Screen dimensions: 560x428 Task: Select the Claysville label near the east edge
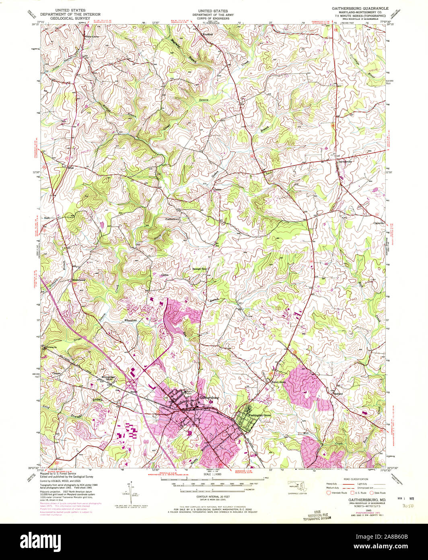(379, 223)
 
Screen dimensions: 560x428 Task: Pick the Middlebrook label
(79, 280)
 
